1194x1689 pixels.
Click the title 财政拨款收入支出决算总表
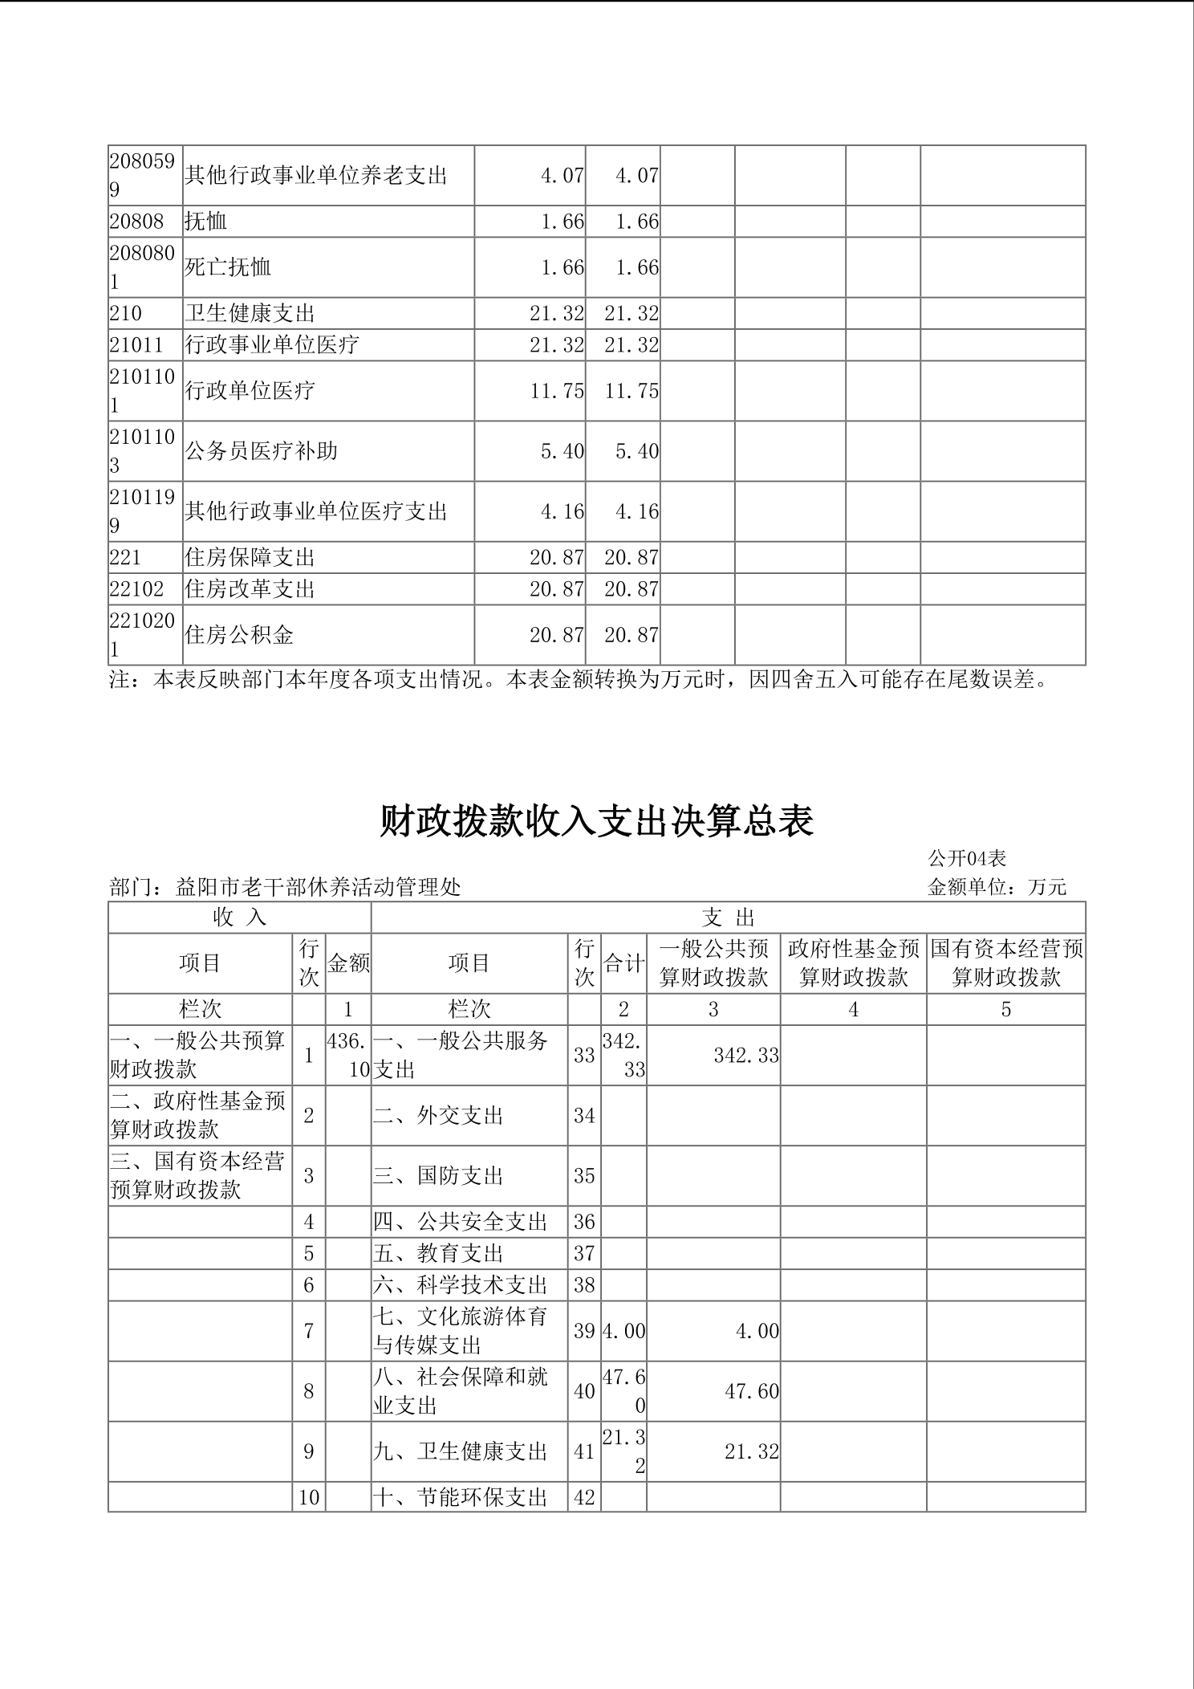(x=596, y=821)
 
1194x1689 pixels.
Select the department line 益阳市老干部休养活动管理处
(x=285, y=887)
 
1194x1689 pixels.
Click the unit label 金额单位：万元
(x=997, y=887)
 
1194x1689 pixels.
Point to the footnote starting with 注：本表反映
(x=579, y=680)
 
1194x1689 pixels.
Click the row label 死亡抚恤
(x=228, y=267)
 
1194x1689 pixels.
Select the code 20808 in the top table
(x=136, y=222)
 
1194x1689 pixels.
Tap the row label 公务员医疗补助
(x=261, y=451)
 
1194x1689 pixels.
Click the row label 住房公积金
(x=239, y=635)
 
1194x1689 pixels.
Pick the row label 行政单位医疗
(x=250, y=391)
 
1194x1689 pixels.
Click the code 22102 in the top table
(x=136, y=589)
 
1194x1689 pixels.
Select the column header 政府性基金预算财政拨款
(x=853, y=963)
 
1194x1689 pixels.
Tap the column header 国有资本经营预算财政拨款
(x=1006, y=963)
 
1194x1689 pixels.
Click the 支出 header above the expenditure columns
(x=728, y=918)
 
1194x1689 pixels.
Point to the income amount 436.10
(x=348, y=1055)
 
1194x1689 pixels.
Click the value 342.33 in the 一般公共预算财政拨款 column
(x=746, y=1056)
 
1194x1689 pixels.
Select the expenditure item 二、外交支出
(x=438, y=1116)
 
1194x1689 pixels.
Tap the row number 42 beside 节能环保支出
(x=584, y=1497)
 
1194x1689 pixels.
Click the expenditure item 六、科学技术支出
(x=460, y=1285)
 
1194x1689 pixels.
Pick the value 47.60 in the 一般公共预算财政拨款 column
(x=751, y=1392)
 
